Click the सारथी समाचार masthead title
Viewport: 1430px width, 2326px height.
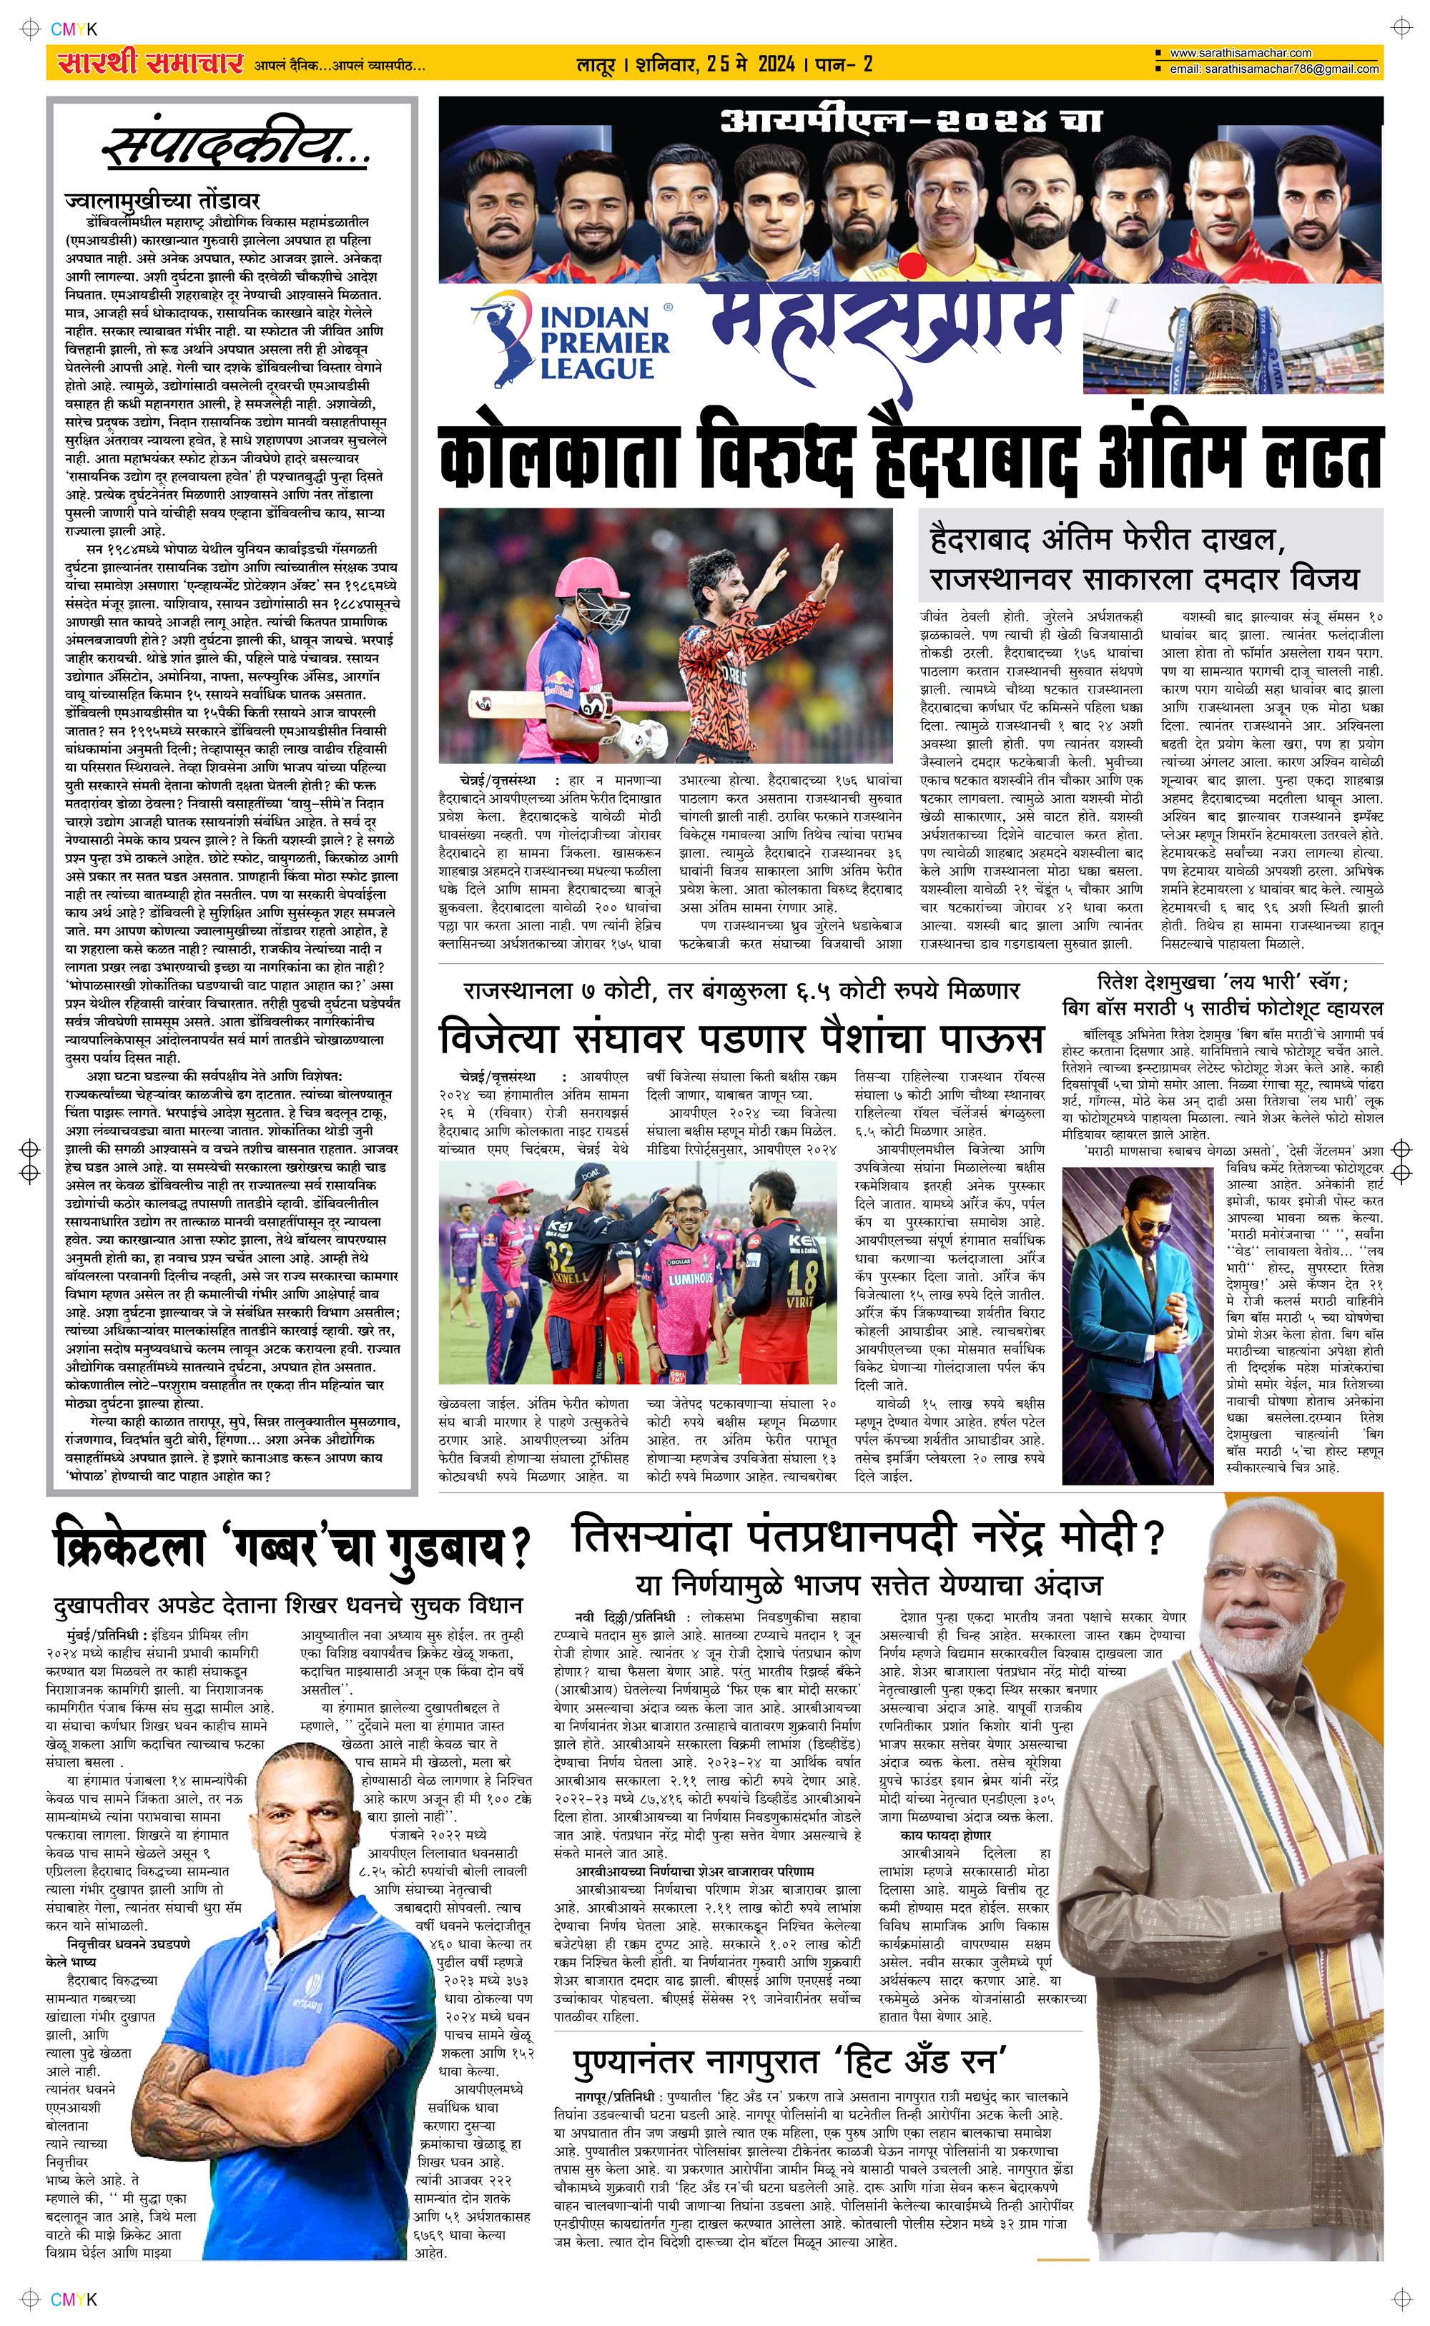(x=149, y=64)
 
